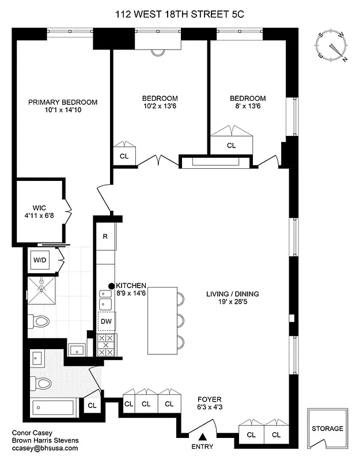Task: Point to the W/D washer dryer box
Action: (x=40, y=260)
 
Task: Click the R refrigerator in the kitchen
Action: (x=105, y=236)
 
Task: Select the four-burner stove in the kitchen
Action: (x=106, y=345)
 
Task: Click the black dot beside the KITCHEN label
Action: (x=111, y=286)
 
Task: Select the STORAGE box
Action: (x=327, y=429)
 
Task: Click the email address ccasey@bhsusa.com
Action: (x=44, y=448)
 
